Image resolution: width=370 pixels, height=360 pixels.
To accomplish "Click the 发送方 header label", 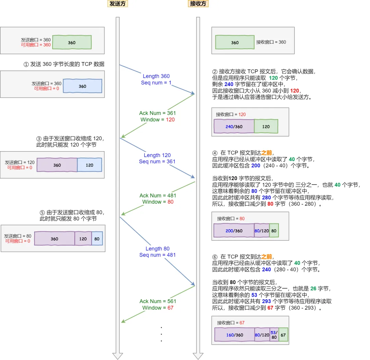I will tap(118, 4).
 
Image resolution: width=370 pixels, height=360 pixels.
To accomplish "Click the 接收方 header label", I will tap(198, 4).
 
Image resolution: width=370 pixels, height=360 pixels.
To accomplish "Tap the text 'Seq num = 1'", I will tap(156, 83).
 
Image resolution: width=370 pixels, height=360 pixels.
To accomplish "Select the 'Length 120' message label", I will tap(157, 155).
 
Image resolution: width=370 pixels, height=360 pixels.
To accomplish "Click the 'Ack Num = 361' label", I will tap(158, 113).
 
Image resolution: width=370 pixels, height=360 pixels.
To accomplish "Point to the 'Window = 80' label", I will tap(158, 202).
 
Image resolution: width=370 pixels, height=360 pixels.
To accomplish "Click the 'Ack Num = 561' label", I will tap(158, 301).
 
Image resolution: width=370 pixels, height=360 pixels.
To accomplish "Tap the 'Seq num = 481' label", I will tap(157, 255).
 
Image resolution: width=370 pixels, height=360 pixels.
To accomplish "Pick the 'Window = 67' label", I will tap(158, 308).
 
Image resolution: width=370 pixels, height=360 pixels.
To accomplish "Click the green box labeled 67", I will tap(283, 335).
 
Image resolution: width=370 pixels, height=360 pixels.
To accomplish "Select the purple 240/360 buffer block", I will tap(234, 127).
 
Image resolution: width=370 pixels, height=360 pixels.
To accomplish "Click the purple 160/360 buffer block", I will tap(235, 335).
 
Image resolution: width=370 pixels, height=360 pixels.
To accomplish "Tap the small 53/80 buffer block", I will tap(274, 335).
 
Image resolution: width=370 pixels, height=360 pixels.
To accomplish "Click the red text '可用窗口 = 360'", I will tap(36, 45).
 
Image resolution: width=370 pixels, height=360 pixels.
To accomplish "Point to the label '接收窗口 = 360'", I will tap(271, 42).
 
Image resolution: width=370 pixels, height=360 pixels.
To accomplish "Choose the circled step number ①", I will tap(26, 64).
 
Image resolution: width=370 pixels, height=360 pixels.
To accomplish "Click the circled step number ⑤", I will tap(42, 213).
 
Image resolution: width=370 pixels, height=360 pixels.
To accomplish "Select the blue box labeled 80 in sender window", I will tap(97, 239).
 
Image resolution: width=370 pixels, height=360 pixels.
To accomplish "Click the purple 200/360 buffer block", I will tap(234, 231).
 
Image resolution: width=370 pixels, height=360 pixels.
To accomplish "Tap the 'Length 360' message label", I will tap(156, 76).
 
